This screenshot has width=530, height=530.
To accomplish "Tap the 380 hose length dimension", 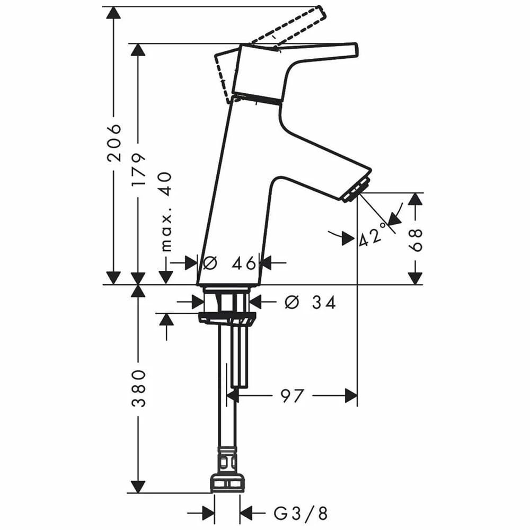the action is (x=138, y=388).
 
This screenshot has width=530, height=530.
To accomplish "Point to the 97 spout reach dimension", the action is (x=292, y=395).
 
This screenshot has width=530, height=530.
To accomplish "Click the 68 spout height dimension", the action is (x=416, y=240).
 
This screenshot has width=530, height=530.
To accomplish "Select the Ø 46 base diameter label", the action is (x=229, y=263).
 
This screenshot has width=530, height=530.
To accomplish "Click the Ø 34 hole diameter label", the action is (x=310, y=302).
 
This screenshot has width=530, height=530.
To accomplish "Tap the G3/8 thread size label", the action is (x=301, y=514).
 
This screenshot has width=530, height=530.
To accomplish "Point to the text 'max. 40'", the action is (x=166, y=212).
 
